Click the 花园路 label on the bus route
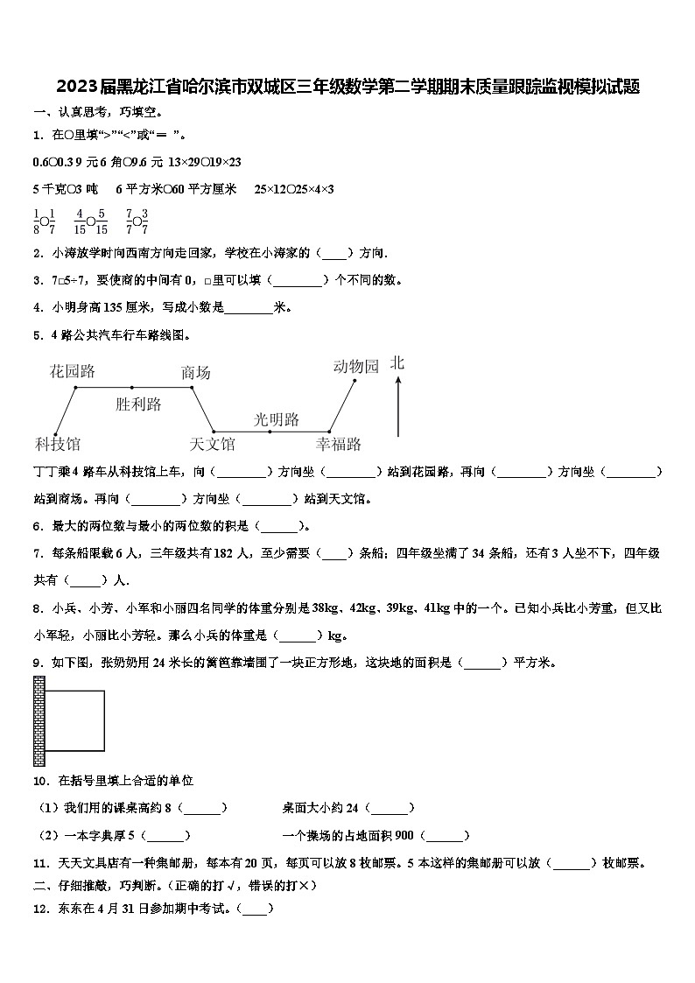point(73,372)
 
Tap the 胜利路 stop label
point(138,404)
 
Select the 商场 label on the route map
point(195,373)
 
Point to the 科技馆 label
point(58,444)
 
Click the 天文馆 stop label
point(213,444)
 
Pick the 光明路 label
point(277,419)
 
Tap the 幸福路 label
point(339,444)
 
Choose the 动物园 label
point(355,367)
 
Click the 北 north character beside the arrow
point(397,362)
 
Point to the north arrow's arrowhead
point(398,380)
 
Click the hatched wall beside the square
point(39,721)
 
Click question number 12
point(39,909)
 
